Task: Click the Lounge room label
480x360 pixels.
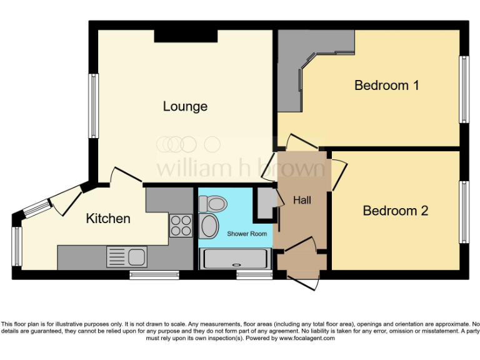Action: click(x=185, y=106)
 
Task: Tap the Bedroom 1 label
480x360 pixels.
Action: click(x=386, y=85)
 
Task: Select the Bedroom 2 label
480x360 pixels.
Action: click(x=395, y=211)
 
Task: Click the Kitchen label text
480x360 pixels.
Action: click(x=108, y=218)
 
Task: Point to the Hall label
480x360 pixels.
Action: click(x=302, y=200)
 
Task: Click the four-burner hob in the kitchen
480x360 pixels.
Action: click(x=181, y=225)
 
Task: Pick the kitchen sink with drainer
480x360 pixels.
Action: click(x=126, y=256)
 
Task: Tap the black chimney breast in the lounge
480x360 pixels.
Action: click(x=186, y=36)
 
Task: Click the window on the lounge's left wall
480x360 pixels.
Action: click(x=93, y=106)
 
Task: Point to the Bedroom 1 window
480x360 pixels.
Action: click(x=464, y=89)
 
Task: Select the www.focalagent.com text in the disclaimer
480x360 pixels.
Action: click(x=307, y=338)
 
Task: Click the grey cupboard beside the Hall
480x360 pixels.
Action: click(x=264, y=202)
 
